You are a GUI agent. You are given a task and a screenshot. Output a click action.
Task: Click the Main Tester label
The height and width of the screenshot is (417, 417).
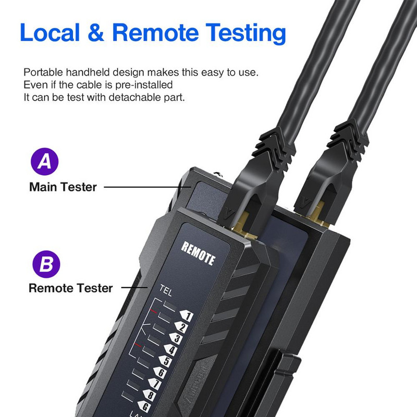point(63,187)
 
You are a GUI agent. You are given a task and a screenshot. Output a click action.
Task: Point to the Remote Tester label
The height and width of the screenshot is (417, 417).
point(70,288)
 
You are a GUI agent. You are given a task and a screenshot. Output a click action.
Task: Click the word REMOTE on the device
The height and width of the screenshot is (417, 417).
point(198,253)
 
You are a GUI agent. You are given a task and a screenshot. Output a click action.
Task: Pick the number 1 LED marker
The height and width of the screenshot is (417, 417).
point(186,316)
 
